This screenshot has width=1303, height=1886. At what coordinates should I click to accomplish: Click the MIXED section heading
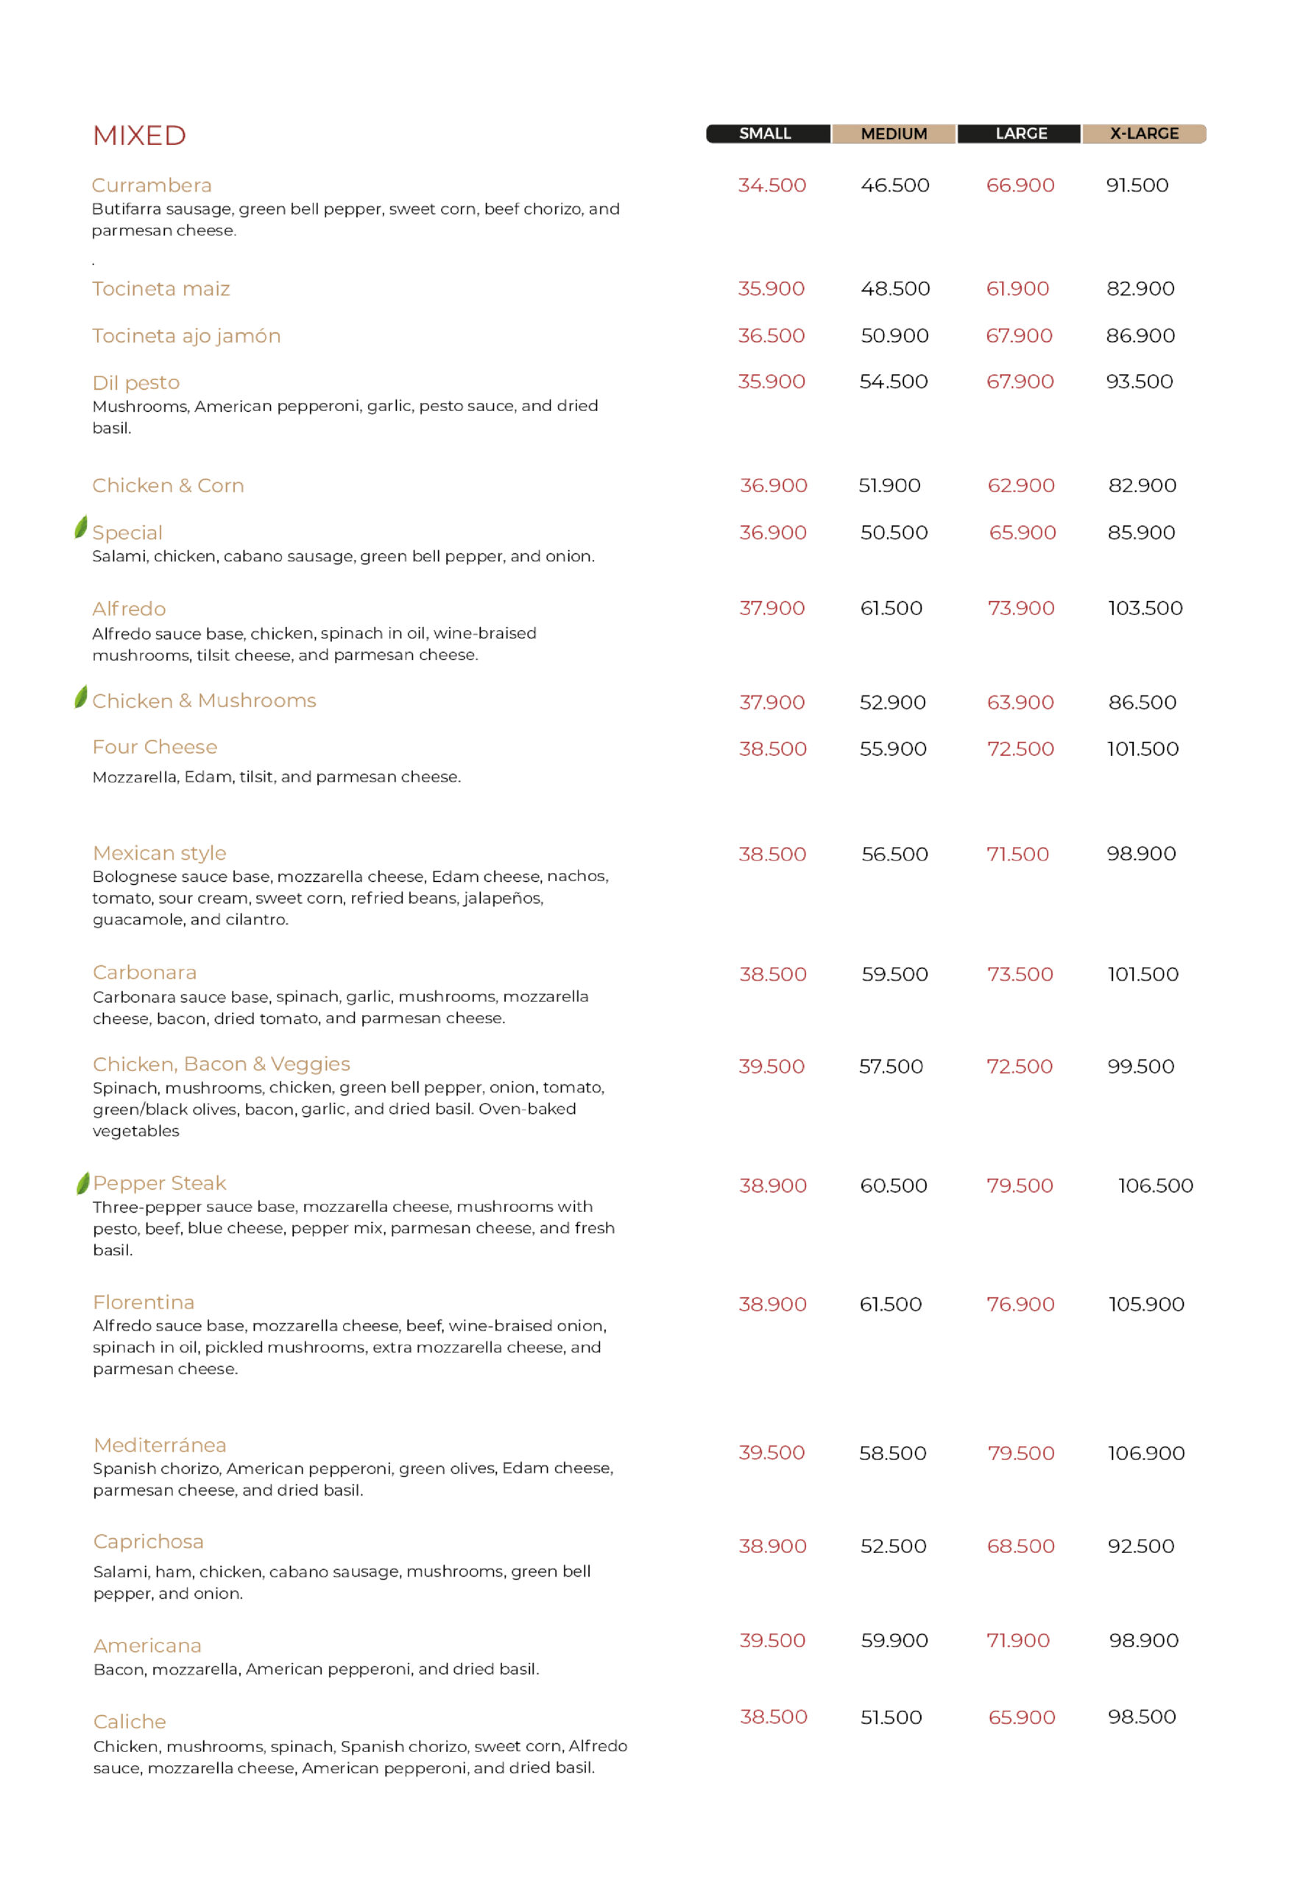140,136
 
